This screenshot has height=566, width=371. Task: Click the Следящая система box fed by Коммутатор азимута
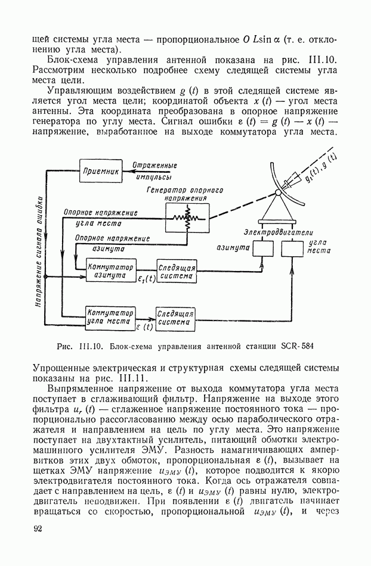click(176, 272)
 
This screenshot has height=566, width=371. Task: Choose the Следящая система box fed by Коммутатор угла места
click(175, 317)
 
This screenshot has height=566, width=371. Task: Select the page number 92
click(39, 530)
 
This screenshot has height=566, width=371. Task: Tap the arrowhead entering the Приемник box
click(125, 171)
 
